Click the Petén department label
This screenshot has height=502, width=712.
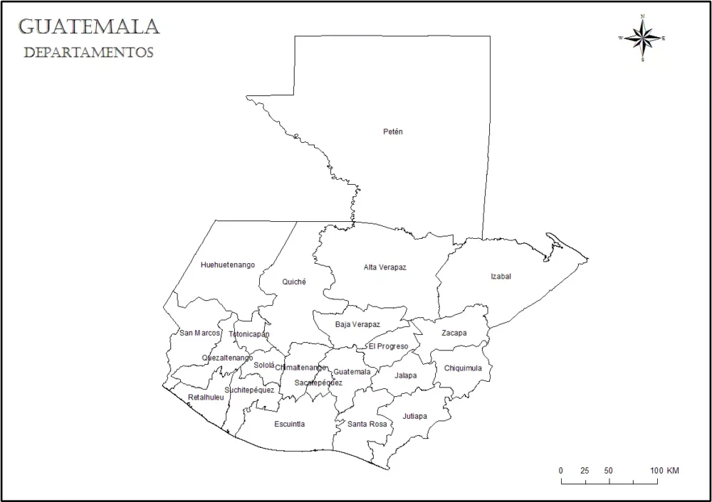point(393,132)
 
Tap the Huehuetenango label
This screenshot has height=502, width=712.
point(228,265)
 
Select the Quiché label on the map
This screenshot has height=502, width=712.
point(294,282)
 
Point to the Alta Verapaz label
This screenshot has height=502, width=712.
point(384,267)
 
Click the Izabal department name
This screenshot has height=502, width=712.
point(501,277)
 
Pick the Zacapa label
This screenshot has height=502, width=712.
point(454,333)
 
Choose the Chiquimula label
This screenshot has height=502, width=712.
point(463,368)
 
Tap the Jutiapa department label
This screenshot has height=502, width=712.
point(414,416)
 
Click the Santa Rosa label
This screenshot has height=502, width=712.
point(367,424)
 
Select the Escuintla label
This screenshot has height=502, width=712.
point(289,424)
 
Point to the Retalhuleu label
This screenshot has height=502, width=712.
point(206,397)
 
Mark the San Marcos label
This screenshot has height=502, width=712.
point(199,333)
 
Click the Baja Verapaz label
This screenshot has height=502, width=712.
point(357,325)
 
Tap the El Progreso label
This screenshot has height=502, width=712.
point(388,346)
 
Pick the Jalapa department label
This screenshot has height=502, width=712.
point(405,375)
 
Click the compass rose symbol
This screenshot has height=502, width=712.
point(643,38)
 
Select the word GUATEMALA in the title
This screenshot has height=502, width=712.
point(88,27)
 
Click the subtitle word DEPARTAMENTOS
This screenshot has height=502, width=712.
point(88,53)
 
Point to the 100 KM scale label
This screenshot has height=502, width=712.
point(664,471)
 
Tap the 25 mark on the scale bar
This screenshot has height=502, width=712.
point(585,471)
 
